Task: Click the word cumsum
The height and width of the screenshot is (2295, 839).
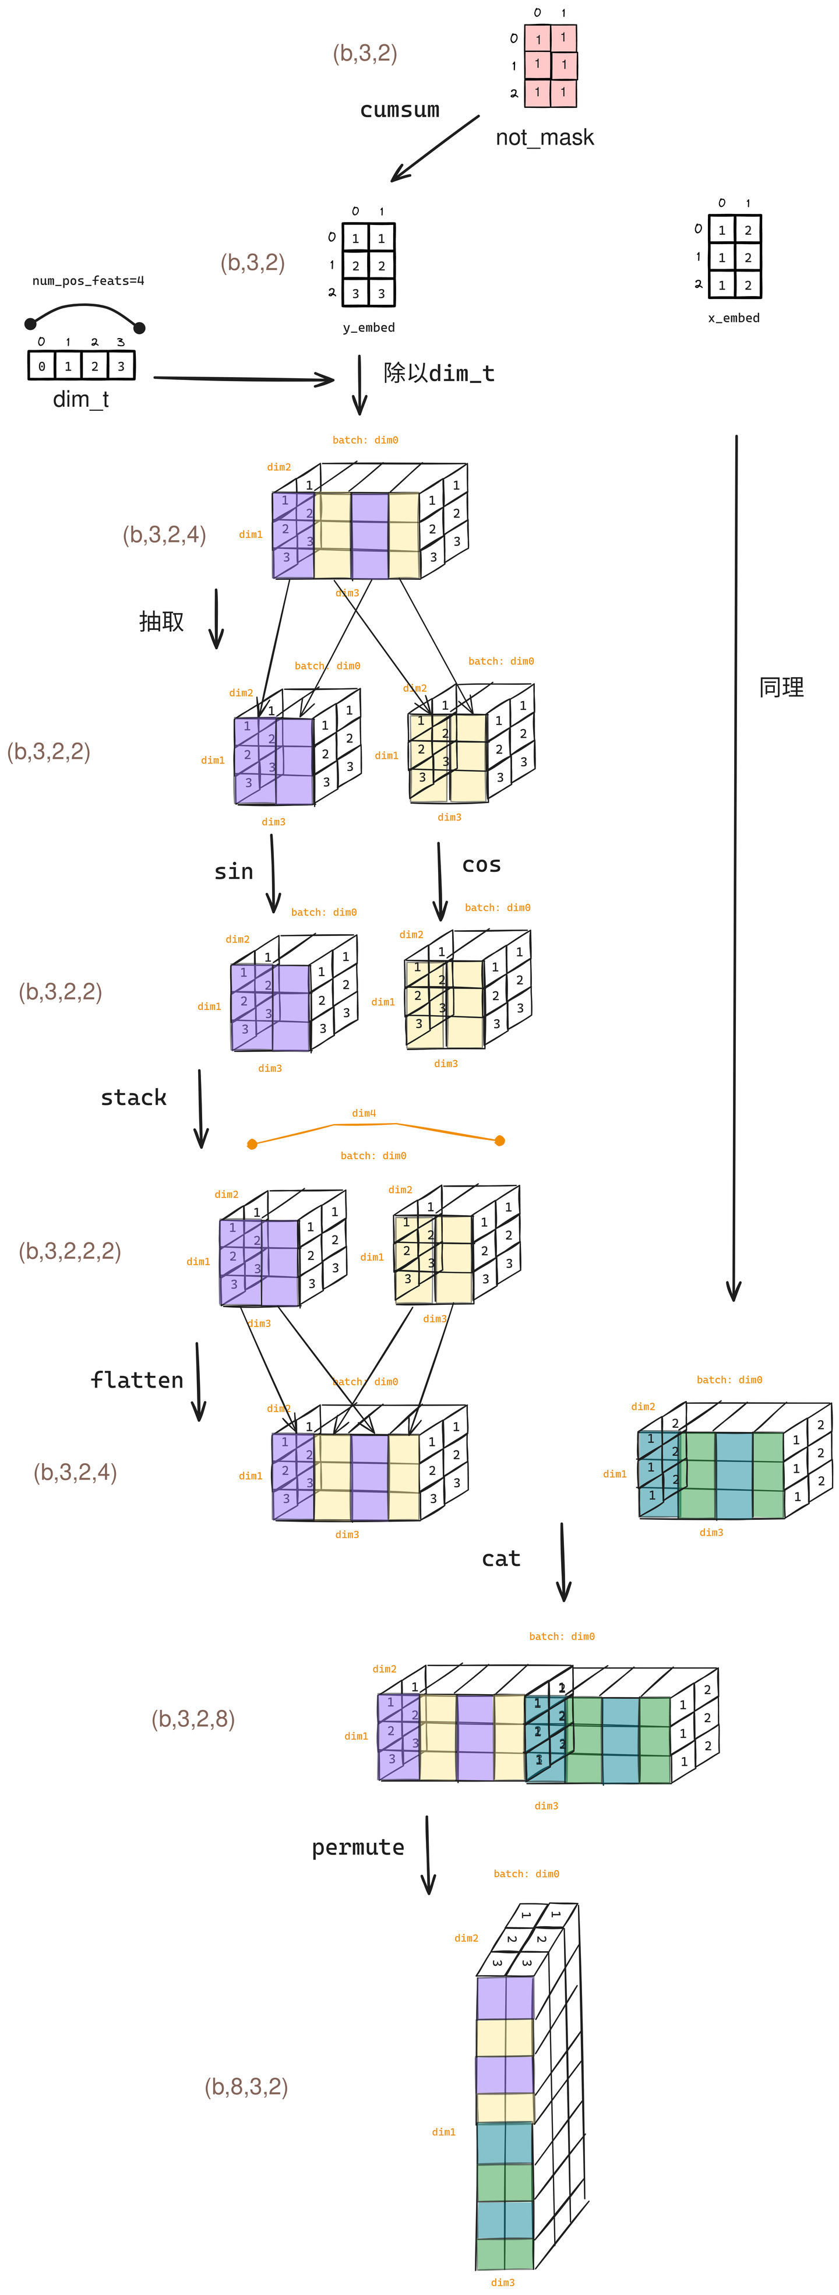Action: click(399, 110)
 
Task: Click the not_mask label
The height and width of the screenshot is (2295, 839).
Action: click(544, 137)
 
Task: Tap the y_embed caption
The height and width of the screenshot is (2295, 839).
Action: click(369, 328)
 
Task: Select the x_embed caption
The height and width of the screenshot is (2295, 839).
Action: click(734, 318)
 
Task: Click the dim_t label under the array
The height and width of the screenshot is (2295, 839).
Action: click(81, 399)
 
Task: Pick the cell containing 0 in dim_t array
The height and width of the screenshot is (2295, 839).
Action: click(42, 366)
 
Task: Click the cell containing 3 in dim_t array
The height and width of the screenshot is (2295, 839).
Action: click(121, 366)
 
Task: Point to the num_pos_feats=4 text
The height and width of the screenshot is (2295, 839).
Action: click(88, 281)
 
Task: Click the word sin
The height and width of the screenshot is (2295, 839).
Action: click(234, 871)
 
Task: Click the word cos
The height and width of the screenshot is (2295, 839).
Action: click(481, 864)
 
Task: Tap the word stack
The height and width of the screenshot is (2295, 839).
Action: click(133, 1097)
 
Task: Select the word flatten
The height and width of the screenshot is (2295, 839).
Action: click(137, 1380)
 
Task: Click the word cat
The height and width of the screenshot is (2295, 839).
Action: click(500, 1558)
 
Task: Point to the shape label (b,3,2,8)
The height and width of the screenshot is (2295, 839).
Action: click(193, 1719)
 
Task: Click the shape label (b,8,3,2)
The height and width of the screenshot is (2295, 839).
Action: click(246, 2086)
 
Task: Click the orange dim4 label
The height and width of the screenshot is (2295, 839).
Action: click(364, 1113)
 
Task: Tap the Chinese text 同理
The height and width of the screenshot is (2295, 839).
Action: click(781, 688)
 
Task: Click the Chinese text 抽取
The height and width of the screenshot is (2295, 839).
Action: click(161, 621)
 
